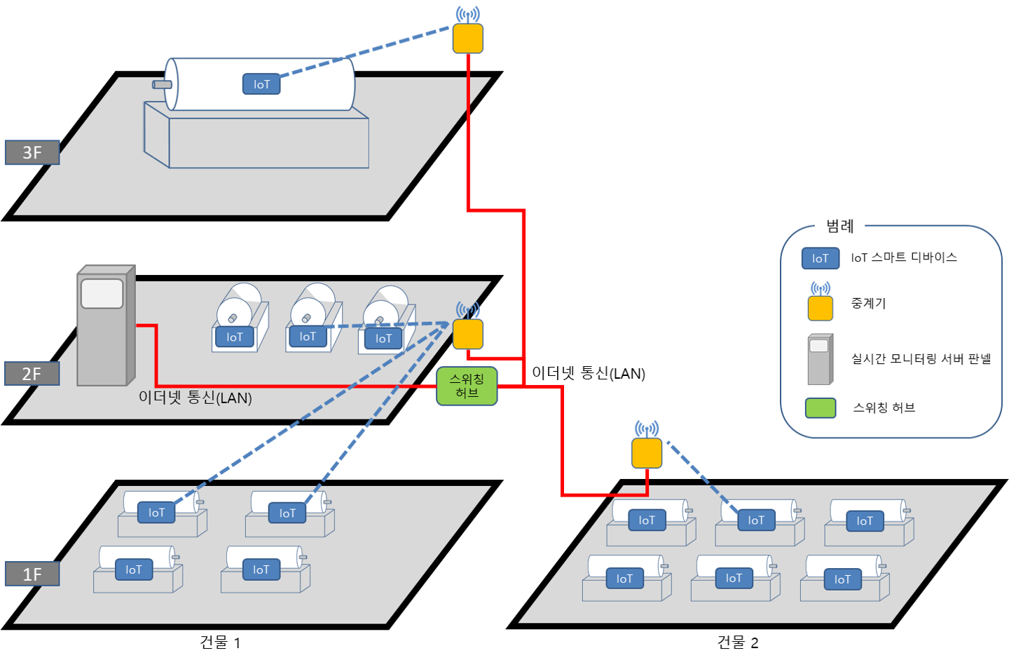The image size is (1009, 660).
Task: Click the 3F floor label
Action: (32, 152)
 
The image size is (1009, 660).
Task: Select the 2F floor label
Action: (32, 374)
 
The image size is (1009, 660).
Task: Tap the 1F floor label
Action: (32, 574)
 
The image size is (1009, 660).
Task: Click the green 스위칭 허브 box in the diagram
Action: (467, 386)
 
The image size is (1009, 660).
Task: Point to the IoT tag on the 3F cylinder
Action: (261, 84)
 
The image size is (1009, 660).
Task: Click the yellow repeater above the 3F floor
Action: (467, 39)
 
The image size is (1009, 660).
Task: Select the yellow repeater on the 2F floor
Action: (467, 334)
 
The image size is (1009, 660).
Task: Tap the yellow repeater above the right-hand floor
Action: (647, 453)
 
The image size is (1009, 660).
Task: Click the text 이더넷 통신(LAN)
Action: (195, 398)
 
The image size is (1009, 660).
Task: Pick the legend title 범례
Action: (839, 226)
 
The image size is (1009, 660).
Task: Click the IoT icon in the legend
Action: (821, 258)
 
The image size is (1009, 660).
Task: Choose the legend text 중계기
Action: (868, 303)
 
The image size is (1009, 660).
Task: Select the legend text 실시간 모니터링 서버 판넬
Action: (921, 358)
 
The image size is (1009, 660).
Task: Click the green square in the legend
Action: (821, 408)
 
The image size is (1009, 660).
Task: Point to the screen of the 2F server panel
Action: (102, 294)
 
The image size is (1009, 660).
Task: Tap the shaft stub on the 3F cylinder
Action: (162, 85)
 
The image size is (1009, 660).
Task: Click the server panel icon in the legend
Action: (820, 359)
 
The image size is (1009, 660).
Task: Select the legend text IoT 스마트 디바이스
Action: (904, 257)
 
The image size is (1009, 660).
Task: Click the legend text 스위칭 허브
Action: (884, 408)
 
